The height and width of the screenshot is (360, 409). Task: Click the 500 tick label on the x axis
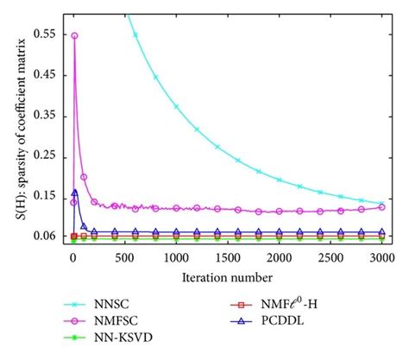tap(124, 258)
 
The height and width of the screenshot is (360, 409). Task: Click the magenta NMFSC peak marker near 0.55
tap(74, 36)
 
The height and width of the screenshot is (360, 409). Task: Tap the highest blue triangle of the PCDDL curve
tap(75, 193)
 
